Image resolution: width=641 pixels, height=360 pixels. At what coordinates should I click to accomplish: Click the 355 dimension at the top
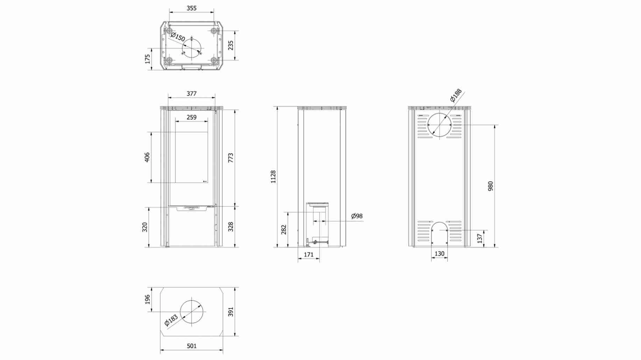click(x=191, y=8)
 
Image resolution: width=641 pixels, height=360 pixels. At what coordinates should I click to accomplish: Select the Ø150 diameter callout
click(x=178, y=37)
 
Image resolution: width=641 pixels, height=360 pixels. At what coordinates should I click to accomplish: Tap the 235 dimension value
click(x=231, y=45)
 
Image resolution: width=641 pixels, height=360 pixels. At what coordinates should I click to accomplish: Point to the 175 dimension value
click(x=148, y=59)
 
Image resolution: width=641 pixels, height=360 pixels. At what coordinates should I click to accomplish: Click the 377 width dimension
click(x=191, y=93)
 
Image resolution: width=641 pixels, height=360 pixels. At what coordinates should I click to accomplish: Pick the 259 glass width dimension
click(x=191, y=118)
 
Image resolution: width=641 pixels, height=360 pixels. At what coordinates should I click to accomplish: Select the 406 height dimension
click(x=147, y=157)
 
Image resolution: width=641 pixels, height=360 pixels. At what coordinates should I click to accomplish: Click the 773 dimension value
click(x=231, y=158)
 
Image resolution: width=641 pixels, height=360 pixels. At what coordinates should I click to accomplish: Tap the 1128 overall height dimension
click(x=273, y=177)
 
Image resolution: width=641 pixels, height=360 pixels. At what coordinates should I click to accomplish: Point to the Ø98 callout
click(x=357, y=216)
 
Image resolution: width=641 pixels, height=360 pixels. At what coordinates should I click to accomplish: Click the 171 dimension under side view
click(x=309, y=255)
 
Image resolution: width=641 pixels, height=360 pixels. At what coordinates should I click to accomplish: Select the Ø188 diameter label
click(x=456, y=95)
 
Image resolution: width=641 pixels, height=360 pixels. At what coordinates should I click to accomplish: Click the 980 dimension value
click(x=491, y=186)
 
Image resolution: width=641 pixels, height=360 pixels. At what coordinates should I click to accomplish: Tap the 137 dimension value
click(x=480, y=238)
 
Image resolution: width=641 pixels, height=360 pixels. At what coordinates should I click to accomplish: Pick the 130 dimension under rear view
click(x=439, y=254)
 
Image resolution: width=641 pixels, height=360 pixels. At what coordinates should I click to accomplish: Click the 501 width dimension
click(x=192, y=346)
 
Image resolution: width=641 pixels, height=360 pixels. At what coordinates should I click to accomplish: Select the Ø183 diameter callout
click(x=171, y=320)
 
